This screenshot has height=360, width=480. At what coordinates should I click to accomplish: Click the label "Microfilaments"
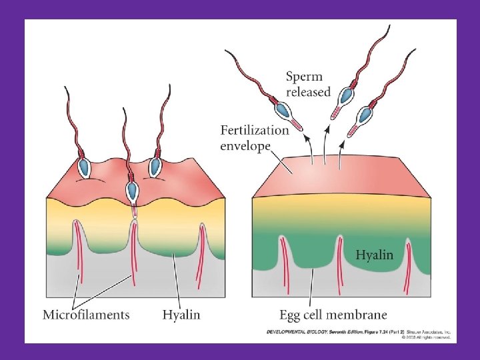click(x=86, y=314)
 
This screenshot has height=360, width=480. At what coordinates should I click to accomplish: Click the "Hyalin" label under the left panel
click(x=181, y=314)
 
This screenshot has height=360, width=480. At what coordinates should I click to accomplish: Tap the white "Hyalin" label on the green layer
click(x=374, y=255)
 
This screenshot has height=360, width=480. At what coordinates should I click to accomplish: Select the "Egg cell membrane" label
click(x=333, y=314)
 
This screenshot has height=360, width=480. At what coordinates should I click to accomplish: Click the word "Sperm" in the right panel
click(x=305, y=77)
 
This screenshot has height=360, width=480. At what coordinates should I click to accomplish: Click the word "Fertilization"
click(x=255, y=130)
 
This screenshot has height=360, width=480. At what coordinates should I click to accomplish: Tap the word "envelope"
click(x=245, y=145)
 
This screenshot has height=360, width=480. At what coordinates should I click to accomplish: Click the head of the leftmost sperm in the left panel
click(x=85, y=166)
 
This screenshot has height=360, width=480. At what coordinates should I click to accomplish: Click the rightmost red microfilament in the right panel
click(x=408, y=267)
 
